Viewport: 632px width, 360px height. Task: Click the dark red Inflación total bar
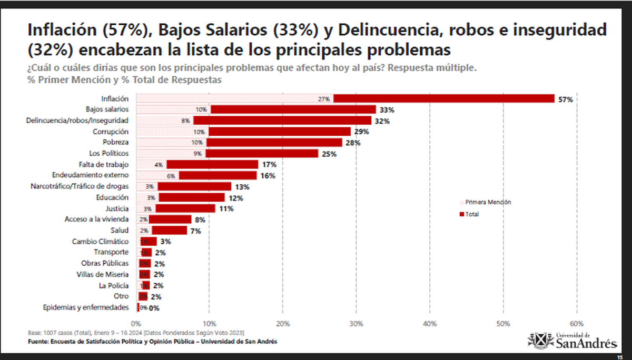pos(444,98)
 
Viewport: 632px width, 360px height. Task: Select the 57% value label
pos(565,99)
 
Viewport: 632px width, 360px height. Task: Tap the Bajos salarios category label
pos(107,109)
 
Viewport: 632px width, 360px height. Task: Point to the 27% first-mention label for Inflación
pos(324,99)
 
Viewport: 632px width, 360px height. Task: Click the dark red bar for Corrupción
pos(279,132)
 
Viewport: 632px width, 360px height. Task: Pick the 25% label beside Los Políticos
pos(329,154)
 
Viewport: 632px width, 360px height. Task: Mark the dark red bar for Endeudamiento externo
pos(218,175)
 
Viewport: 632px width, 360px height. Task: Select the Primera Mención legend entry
pos(488,202)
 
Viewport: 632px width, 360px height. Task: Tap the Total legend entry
pos(471,214)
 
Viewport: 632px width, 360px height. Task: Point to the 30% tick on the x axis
pos(357,323)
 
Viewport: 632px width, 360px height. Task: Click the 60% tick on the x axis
pos(577,323)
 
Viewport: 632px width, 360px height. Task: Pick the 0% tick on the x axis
pos(136,323)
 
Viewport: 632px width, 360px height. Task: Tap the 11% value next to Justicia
pos(226,209)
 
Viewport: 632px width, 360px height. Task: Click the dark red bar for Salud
pos(169,231)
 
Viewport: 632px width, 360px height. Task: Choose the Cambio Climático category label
pos(100,242)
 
